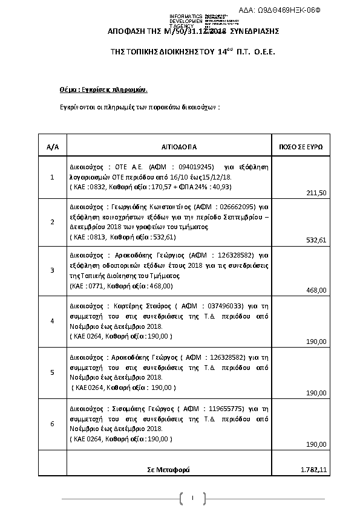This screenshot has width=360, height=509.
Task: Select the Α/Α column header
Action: (x=52, y=147)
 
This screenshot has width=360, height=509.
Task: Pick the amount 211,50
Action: (x=316, y=192)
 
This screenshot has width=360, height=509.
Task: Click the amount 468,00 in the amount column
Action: (x=316, y=290)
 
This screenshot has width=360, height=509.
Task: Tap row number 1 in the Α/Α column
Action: (x=52, y=177)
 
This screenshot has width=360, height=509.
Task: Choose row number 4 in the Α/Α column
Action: (x=52, y=320)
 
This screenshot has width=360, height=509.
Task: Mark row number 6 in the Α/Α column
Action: (x=52, y=424)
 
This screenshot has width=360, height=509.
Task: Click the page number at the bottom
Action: (x=191, y=498)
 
